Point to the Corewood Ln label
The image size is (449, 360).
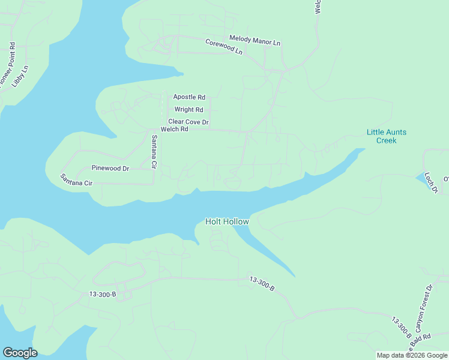click(223, 47)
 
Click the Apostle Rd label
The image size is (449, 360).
click(189, 97)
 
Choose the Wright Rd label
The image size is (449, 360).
click(188, 110)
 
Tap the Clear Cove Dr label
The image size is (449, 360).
click(188, 122)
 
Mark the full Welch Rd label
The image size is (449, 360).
click(175, 130)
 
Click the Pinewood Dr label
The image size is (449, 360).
click(110, 169)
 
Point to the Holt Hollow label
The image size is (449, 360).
click(227, 221)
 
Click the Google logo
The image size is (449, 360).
click(20, 353)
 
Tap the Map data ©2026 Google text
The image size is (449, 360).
click(412, 355)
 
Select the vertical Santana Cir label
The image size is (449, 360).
click(154, 151)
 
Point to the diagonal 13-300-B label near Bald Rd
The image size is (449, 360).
click(401, 325)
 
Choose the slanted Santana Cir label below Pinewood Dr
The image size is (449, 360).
click(76, 179)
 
